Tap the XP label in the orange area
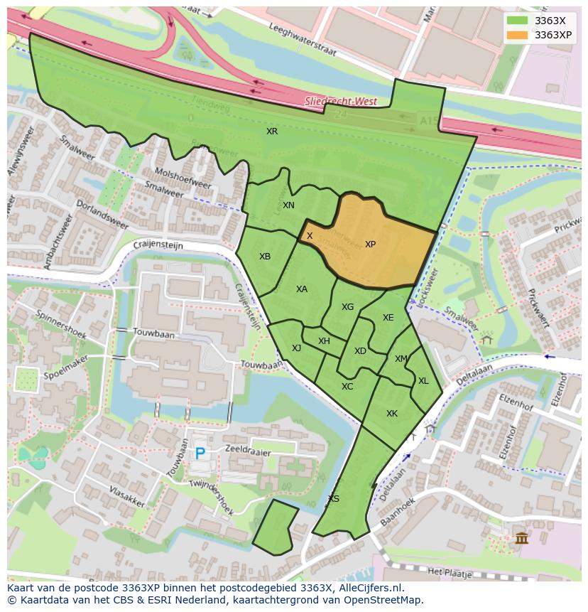point(370,245)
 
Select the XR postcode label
point(272,131)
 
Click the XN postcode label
point(288,205)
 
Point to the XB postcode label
point(265,257)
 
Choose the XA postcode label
point(302,289)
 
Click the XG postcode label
point(347,307)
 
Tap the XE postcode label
point(388,318)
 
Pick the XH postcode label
point(324,341)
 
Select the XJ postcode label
point(296,348)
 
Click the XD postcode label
point(360,351)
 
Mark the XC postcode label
point(347,387)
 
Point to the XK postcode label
point(392,414)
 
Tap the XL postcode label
point(423,381)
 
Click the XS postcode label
point(334,499)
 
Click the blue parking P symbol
point(200,453)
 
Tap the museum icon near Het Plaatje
point(522,538)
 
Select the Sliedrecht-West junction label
point(341,102)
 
